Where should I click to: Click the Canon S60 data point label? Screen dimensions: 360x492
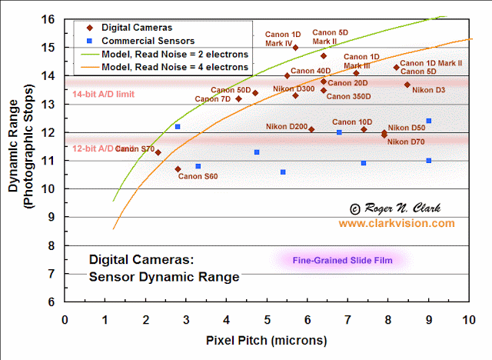coord(198,176)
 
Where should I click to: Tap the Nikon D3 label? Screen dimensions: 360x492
coord(428,91)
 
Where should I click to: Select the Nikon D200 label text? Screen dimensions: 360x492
coord(287,126)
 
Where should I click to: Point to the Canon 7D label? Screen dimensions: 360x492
coord(213,98)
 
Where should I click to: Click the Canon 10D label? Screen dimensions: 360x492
coord(352,122)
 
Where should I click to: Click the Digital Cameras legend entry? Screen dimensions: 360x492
coord(138,28)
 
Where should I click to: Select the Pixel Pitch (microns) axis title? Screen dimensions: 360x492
coord(267,339)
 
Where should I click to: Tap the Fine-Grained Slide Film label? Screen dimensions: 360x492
coord(342,261)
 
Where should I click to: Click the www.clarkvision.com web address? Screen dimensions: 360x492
coord(397,223)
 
